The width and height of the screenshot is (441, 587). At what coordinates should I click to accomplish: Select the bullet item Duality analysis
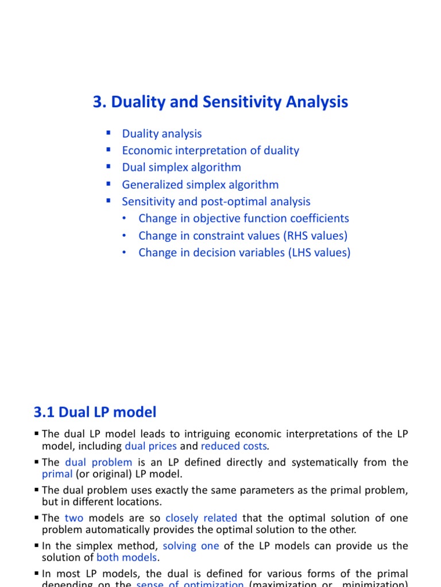(162, 134)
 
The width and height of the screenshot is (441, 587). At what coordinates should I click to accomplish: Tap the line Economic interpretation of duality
(210, 151)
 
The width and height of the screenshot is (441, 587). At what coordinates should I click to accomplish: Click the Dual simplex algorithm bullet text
(181, 167)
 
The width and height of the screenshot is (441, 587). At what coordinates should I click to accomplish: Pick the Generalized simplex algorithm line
(200, 185)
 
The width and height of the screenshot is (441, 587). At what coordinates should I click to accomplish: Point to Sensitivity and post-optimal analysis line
(216, 201)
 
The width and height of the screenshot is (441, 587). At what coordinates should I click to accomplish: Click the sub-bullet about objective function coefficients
(243, 218)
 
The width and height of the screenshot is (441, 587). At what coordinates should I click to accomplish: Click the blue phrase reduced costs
(234, 446)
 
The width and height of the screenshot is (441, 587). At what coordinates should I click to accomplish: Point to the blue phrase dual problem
(99, 462)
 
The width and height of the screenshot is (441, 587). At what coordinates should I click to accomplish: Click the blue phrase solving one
(191, 546)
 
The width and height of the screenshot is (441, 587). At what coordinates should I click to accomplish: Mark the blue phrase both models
(126, 557)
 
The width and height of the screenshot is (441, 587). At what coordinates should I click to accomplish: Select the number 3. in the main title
(99, 102)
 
